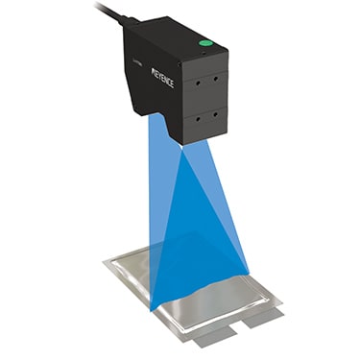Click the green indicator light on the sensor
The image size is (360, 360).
pyautogui.click(x=204, y=43)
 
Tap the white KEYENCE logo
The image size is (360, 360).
pyautogui.click(x=162, y=78)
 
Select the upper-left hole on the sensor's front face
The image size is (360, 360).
pyautogui.click(x=199, y=84)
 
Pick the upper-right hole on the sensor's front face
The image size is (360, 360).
pyautogui.click(x=216, y=78)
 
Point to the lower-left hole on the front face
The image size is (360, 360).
pyautogui.click(x=199, y=119)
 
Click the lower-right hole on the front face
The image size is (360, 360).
pyautogui.click(x=216, y=113)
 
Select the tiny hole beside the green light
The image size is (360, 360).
pyautogui.click(x=204, y=52)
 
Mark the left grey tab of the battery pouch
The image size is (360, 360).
pyautogui.click(x=213, y=337)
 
